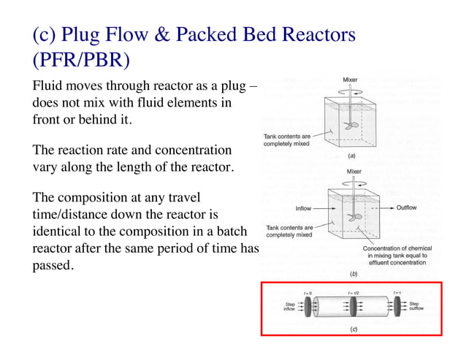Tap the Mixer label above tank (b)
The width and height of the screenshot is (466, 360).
click(x=354, y=172)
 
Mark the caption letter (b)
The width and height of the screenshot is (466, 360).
click(x=353, y=275)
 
